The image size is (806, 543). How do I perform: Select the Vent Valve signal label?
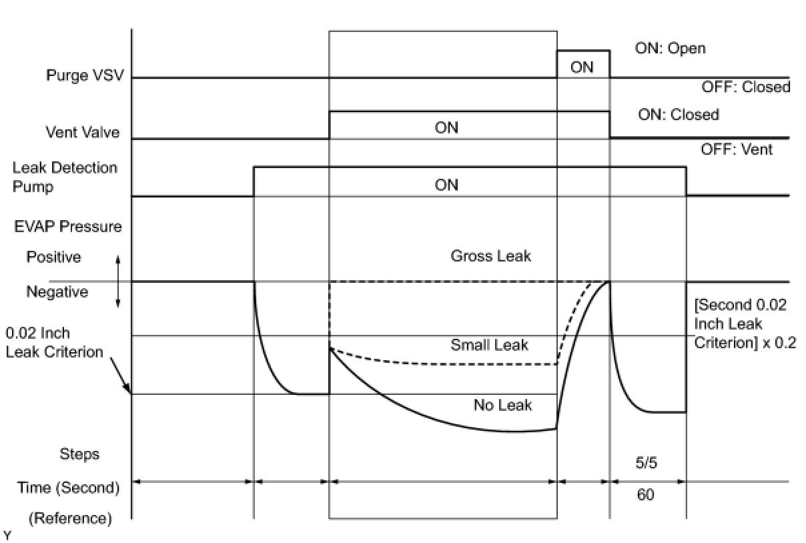(83, 132)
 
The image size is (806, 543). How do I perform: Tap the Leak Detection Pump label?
(65, 177)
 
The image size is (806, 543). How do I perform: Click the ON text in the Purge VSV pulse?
(582, 67)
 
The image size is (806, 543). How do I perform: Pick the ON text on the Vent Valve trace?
(446, 127)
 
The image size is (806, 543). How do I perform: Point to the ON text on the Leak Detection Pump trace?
(446, 184)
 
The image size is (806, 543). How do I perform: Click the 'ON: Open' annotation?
(671, 49)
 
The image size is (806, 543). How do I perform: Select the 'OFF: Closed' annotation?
(745, 87)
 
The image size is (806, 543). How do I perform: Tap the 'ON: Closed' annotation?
(679, 115)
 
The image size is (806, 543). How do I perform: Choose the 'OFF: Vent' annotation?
(737, 149)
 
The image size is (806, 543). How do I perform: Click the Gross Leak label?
(490, 256)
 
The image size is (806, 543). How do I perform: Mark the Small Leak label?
(489, 345)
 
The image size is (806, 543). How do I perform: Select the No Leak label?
(502, 405)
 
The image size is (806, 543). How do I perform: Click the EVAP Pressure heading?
(69, 226)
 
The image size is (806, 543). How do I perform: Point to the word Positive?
(53, 257)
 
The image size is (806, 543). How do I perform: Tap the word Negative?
(57, 292)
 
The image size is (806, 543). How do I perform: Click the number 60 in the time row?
(645, 496)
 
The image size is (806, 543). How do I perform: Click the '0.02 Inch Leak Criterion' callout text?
(54, 342)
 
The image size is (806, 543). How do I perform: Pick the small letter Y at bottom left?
(7, 536)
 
